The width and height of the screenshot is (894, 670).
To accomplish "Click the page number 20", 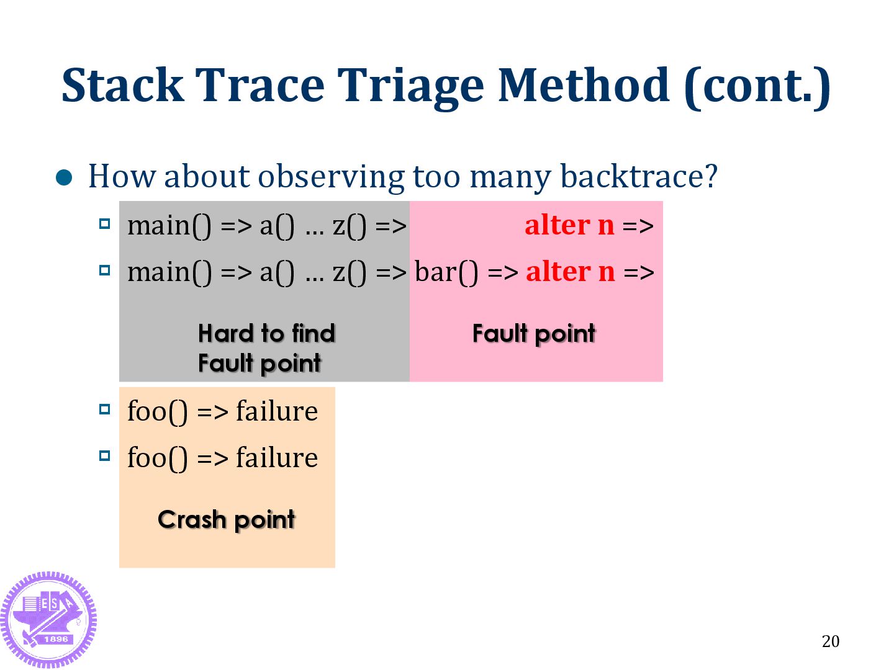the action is point(830,641).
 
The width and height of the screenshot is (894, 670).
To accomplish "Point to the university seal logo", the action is point(48,619).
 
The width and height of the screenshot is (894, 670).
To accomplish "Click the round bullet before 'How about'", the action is point(65,178).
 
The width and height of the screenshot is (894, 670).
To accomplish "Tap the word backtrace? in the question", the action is point(639,177).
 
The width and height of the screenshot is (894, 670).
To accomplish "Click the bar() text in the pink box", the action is point(446,272).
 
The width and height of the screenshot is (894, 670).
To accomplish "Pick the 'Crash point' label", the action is point(227,520).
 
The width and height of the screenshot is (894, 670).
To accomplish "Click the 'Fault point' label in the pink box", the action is point(534,334).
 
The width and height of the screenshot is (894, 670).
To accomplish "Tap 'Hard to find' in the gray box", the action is point(266,334).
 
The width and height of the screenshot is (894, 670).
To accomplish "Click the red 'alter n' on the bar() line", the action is point(570,272).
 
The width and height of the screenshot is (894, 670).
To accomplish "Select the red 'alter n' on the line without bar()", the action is point(569,225).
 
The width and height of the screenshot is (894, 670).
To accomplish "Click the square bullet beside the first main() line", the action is point(105,224).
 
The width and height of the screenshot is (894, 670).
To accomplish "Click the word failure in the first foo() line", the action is point(277,411).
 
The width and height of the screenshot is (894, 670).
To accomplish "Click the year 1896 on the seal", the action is point(56,639).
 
